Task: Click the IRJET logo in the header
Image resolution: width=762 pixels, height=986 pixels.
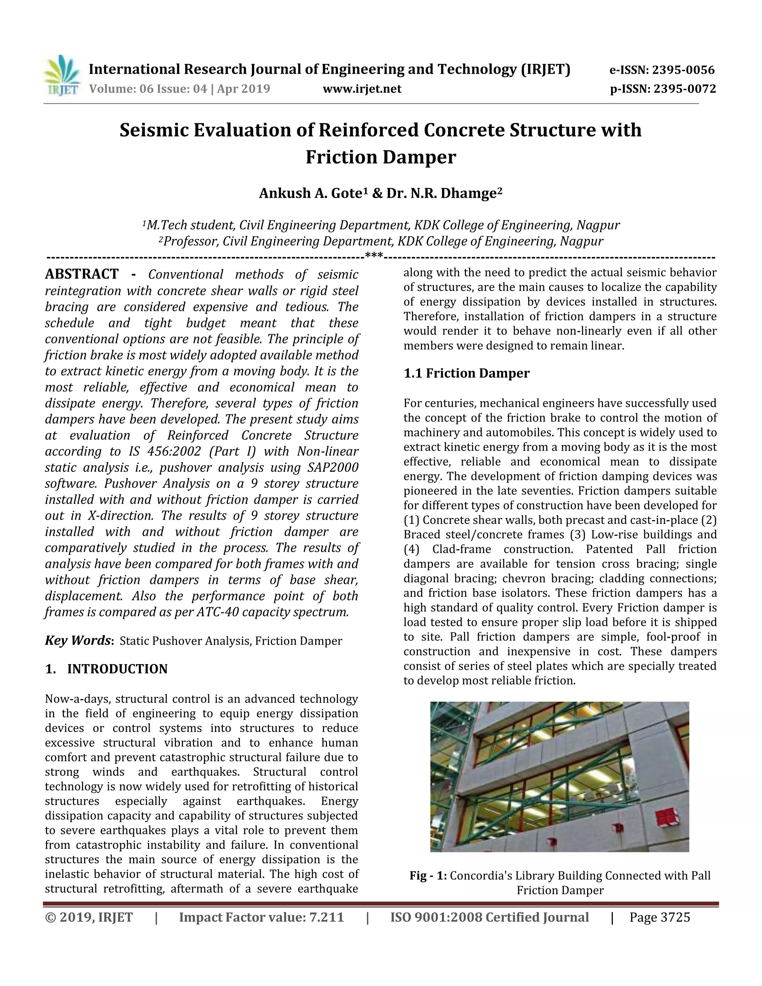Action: point(62,76)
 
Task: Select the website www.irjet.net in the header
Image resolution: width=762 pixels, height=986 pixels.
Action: point(362,89)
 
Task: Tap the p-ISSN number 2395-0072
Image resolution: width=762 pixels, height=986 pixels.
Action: point(684,89)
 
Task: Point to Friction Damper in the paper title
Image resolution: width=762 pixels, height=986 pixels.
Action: point(381,157)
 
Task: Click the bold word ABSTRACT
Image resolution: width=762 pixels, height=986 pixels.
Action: point(82,274)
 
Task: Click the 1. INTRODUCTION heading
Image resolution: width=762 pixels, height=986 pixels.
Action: point(106,669)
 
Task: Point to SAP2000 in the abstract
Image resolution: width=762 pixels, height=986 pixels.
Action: point(333,467)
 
